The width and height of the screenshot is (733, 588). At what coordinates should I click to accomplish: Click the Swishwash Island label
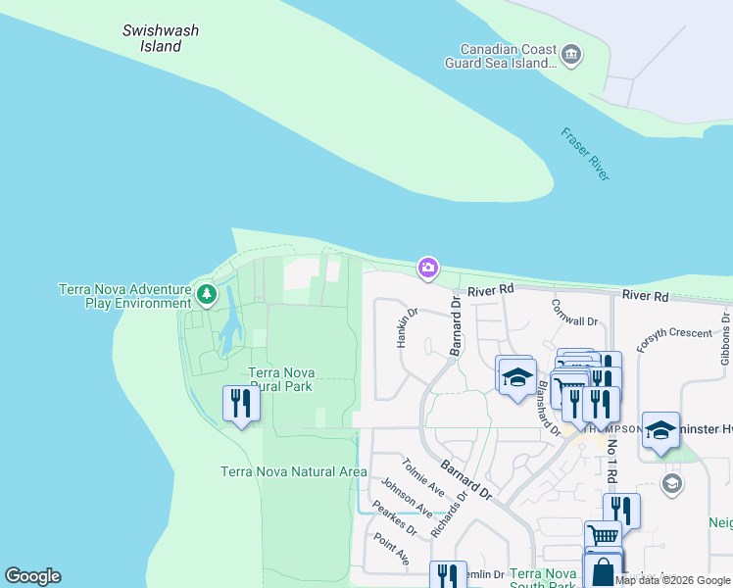click(161, 38)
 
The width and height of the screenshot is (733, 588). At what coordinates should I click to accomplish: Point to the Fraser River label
click(586, 154)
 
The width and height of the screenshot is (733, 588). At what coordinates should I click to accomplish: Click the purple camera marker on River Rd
click(427, 268)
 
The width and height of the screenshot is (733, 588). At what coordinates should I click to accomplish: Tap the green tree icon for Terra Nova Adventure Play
click(206, 293)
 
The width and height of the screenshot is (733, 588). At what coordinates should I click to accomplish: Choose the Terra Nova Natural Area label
click(294, 471)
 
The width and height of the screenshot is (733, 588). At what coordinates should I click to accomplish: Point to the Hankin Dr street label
click(406, 327)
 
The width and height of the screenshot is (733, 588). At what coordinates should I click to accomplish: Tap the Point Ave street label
click(391, 549)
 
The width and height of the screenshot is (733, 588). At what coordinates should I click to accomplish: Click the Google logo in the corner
click(32, 576)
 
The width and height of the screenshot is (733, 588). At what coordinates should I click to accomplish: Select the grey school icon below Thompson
click(671, 483)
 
